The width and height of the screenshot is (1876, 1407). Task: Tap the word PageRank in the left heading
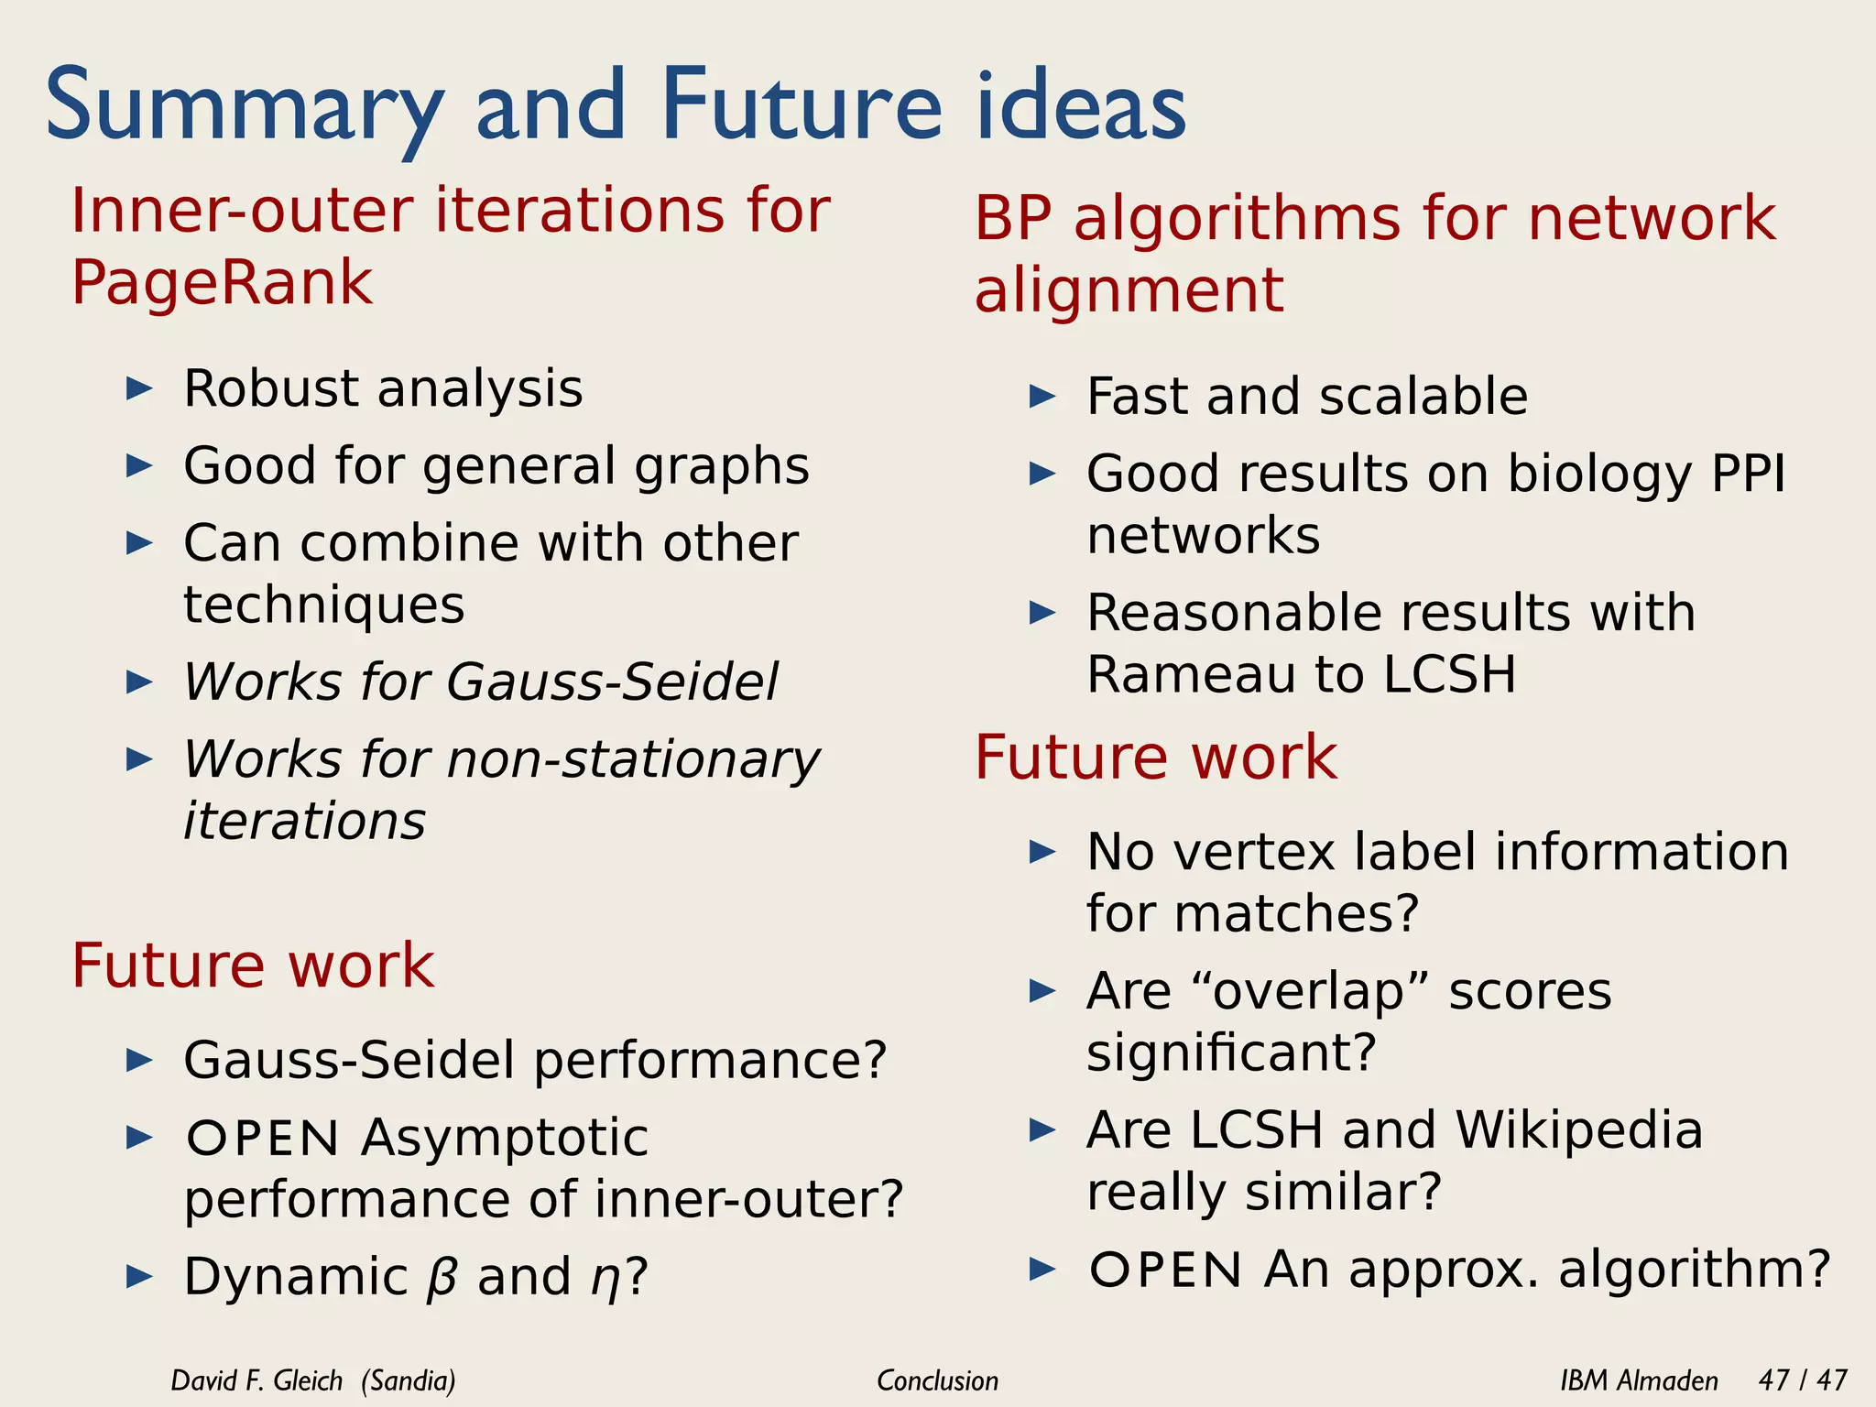click(x=223, y=282)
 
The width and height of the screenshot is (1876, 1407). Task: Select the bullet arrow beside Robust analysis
click(x=139, y=388)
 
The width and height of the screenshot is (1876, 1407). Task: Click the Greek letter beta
click(x=441, y=1277)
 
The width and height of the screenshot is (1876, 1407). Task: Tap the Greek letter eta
click(x=605, y=1279)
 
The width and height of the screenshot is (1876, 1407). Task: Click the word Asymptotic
click(x=505, y=1139)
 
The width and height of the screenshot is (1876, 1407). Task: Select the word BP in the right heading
click(x=1012, y=219)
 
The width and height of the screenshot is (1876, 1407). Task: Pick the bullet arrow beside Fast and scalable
click(x=1042, y=397)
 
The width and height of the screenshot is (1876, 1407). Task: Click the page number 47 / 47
click(x=1803, y=1380)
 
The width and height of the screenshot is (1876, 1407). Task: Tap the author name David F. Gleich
click(x=256, y=1380)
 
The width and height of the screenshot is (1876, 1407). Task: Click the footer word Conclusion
click(x=937, y=1380)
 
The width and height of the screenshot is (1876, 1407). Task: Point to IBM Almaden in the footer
click(x=1639, y=1380)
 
